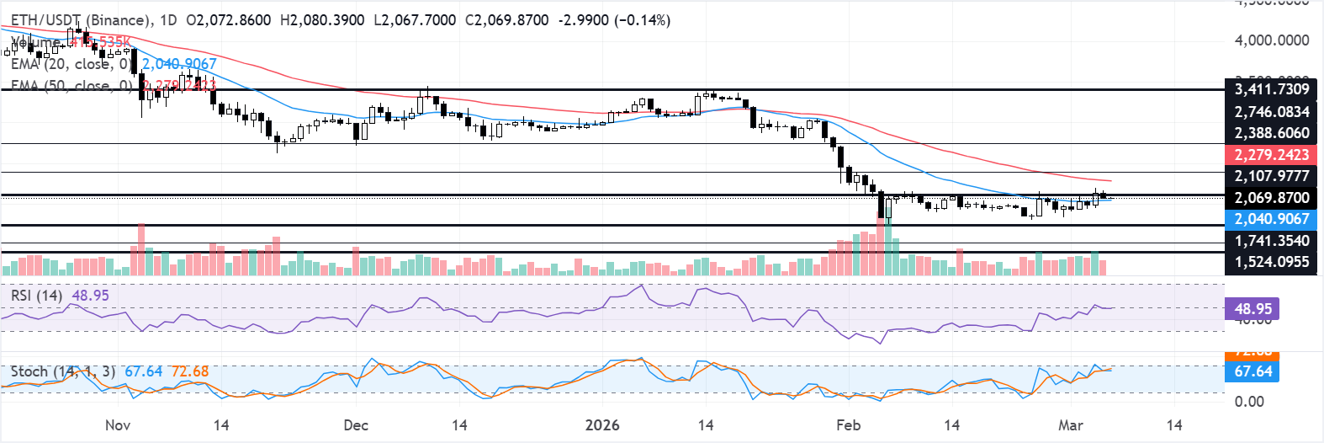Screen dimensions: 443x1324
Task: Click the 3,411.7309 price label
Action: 1271,89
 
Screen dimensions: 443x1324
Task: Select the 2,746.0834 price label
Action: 1271,112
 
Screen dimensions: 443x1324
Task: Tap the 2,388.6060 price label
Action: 1271,133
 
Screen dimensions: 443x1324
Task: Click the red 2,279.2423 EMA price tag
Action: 1271,155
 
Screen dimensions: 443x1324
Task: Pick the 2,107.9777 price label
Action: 1271,176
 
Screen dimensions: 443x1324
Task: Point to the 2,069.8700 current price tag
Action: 1271,198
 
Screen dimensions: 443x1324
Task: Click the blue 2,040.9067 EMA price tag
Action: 1271,219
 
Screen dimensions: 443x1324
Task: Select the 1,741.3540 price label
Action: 1271,241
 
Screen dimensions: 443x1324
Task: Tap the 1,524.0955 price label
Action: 1271,262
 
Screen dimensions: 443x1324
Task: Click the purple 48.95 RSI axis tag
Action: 1253,309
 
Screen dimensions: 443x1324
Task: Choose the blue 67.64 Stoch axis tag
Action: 1253,371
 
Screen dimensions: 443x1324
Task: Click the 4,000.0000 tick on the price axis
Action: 1271,40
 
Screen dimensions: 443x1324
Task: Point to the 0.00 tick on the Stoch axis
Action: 1249,401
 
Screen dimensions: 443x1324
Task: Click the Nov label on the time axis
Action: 118,425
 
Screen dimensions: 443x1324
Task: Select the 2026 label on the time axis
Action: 602,425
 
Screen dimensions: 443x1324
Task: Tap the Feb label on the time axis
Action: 848,425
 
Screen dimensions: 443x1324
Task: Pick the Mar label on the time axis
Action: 1070,425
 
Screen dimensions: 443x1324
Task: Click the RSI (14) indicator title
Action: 36,296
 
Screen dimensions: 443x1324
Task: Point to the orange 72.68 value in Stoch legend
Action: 189,371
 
